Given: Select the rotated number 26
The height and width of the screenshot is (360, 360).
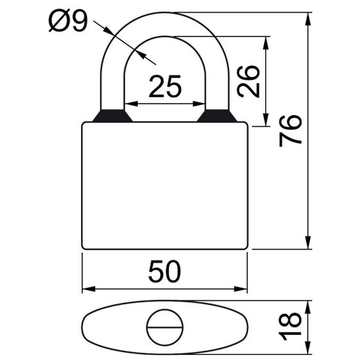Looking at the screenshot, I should point(248,81).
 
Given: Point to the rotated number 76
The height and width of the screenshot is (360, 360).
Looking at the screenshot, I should point(290,130).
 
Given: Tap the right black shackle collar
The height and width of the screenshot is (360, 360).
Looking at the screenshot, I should point(217,116).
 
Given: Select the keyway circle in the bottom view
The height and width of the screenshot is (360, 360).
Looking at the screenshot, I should point(165,327).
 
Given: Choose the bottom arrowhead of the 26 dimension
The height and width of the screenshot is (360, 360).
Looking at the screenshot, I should point(266,119).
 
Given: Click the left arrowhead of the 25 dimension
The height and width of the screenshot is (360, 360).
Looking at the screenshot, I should point(130,104).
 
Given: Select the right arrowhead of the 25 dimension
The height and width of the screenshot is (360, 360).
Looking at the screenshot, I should point(199,104).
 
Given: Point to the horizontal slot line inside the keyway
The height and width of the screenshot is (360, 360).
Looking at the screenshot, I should point(165,327).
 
